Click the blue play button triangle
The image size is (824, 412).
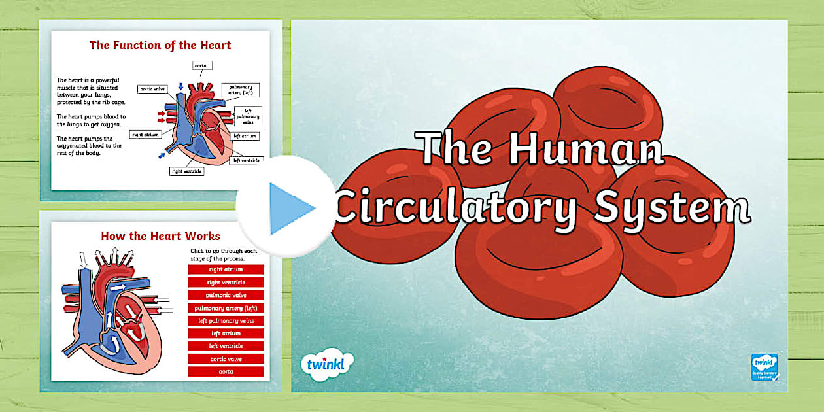tap(290, 209)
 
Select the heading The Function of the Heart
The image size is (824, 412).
tap(160, 45)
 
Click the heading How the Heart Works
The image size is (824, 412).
tap(160, 235)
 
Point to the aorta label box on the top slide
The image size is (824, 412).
tap(202, 65)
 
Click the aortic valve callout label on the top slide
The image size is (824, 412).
tap(152, 88)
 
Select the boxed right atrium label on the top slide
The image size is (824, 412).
tap(146, 135)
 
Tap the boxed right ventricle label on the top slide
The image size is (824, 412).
tap(187, 171)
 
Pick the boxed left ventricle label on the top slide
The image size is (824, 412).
tap(247, 160)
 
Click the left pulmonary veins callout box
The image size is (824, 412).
tap(249, 116)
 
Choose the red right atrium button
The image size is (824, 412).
tap(226, 269)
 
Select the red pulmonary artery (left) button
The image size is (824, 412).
tap(226, 308)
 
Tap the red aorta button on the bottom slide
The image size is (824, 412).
tap(226, 371)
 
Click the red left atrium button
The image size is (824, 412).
tap(226, 334)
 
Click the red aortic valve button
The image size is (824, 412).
tap(226, 359)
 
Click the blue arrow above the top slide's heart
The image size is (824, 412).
tap(180, 87)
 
